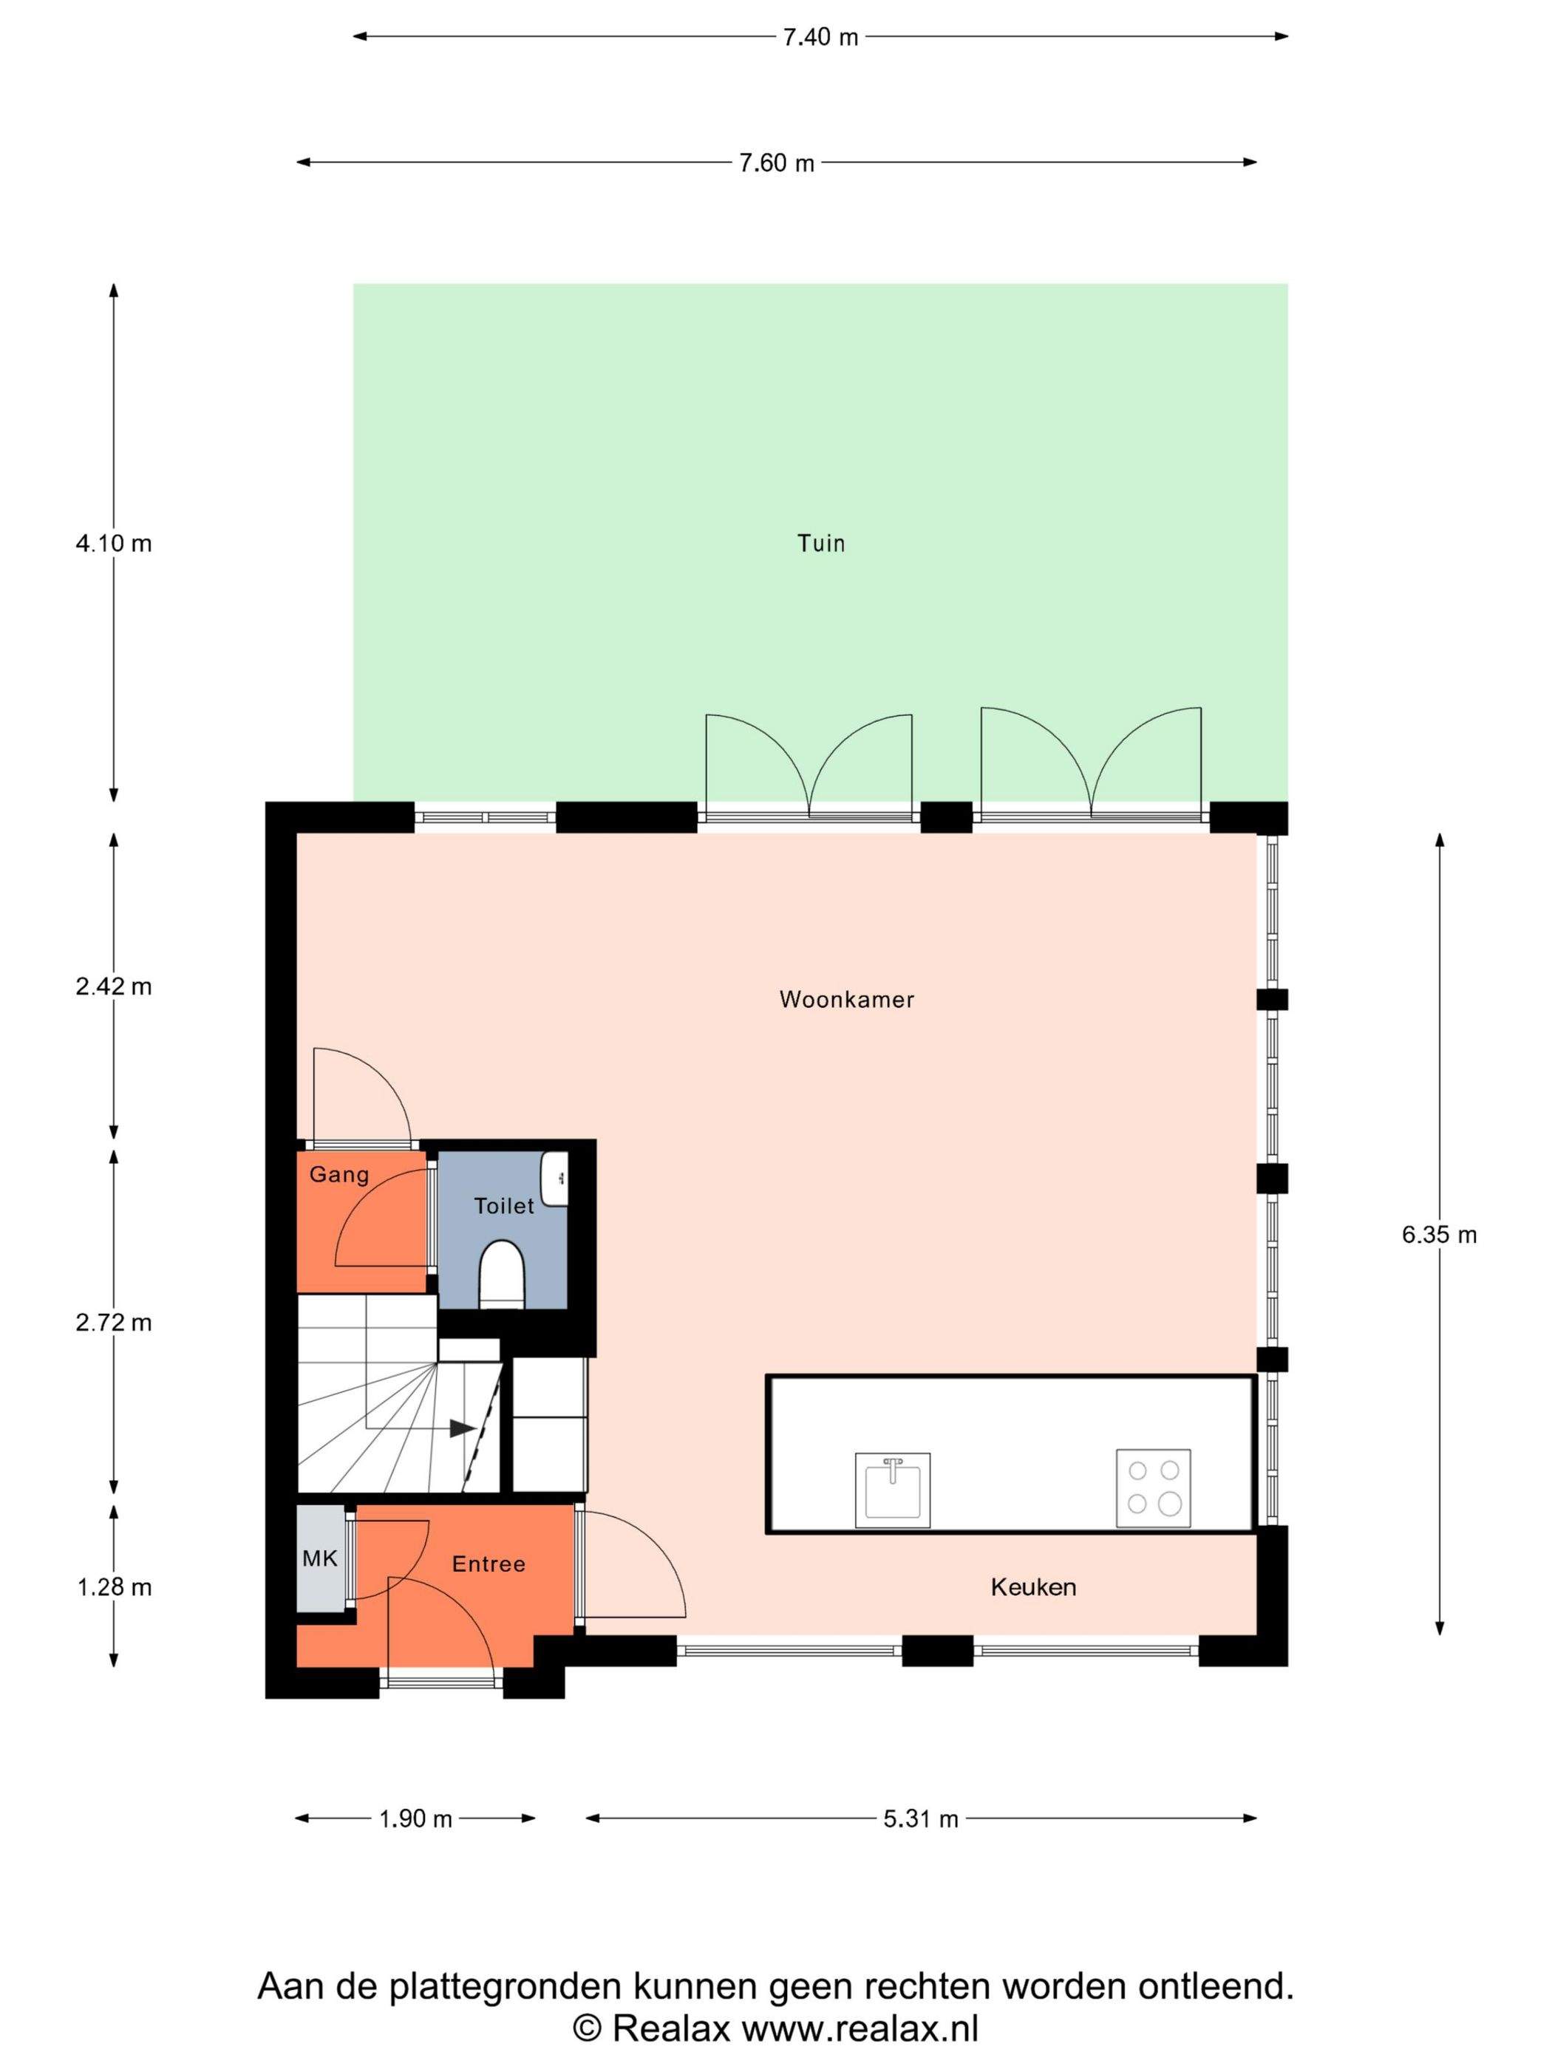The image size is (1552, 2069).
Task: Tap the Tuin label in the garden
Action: tap(820, 543)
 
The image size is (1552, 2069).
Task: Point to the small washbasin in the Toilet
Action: tap(555, 1179)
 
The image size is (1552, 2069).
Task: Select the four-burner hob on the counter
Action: tap(1154, 1488)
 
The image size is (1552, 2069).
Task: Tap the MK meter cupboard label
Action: tap(319, 1558)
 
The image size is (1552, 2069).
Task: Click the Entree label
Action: tap(489, 1564)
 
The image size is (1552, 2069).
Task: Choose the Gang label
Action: tap(338, 1175)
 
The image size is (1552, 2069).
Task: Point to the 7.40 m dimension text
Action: tap(820, 38)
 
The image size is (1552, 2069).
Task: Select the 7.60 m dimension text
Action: tap(777, 164)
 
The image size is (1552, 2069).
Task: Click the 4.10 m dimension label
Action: tap(113, 543)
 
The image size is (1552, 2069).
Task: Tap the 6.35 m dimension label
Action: tap(1439, 1235)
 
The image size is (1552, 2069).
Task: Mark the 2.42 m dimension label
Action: tap(113, 986)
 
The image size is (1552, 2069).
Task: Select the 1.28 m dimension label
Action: tap(113, 1587)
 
